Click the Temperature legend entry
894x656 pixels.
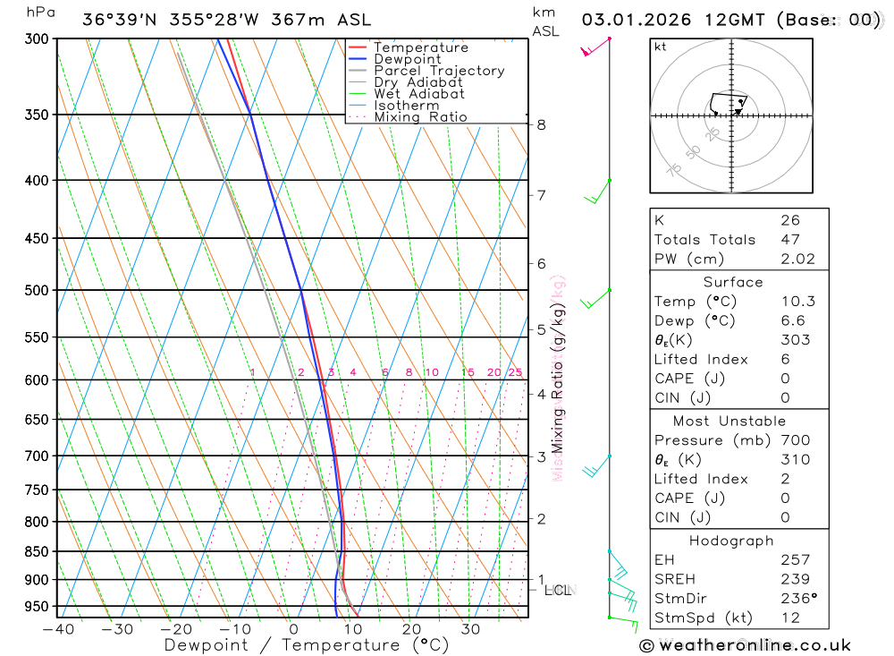click(x=420, y=47)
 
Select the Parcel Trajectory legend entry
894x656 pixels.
click(x=439, y=71)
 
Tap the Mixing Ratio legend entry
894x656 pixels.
click(x=420, y=117)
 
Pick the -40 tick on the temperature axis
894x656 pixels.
click(x=57, y=629)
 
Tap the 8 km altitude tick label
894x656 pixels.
click(x=541, y=124)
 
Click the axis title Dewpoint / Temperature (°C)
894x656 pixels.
click(x=306, y=644)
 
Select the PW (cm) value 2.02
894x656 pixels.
click(x=797, y=260)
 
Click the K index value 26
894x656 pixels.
click(x=789, y=220)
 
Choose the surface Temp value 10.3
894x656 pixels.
click(x=797, y=302)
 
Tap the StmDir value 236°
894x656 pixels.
click(x=798, y=599)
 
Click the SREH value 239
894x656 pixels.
click(x=795, y=579)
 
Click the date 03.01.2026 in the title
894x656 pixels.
click(x=637, y=20)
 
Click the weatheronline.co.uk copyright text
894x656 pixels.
click(x=745, y=645)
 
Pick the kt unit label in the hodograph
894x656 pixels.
click(x=660, y=47)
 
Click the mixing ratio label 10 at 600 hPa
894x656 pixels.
click(x=431, y=372)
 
